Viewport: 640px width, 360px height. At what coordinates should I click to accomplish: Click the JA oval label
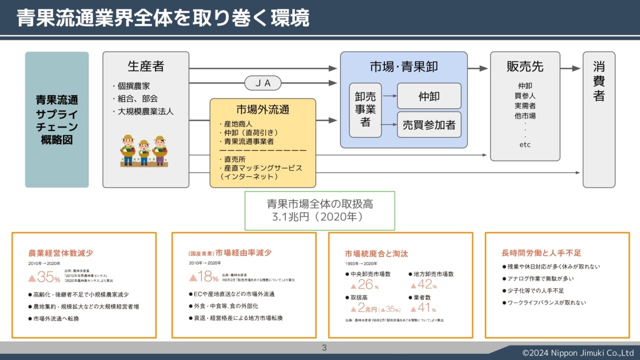[x=263, y=83]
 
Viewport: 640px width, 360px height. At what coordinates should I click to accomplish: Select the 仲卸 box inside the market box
[x=429, y=96]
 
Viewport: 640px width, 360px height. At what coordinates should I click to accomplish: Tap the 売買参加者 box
[x=429, y=125]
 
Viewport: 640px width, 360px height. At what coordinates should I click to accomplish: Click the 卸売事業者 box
[x=365, y=110]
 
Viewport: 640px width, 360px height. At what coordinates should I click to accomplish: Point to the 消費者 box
[x=599, y=119]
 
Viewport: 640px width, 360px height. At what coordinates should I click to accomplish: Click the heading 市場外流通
[x=262, y=109]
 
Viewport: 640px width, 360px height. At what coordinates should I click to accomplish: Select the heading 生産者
[x=145, y=66]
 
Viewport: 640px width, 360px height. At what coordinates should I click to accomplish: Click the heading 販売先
[x=524, y=66]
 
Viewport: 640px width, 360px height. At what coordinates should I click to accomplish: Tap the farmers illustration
[x=144, y=150]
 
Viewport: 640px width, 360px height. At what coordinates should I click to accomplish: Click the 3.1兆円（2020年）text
[x=317, y=217]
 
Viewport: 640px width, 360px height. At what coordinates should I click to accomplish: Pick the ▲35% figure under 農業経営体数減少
[x=44, y=276]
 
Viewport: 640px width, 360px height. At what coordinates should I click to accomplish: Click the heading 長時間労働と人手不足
[x=541, y=253]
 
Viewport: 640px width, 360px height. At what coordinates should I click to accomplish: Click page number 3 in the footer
[x=324, y=348]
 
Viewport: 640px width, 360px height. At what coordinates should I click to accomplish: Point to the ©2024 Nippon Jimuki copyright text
[x=577, y=353]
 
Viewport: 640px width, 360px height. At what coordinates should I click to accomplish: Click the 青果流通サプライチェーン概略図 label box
[x=57, y=119]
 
